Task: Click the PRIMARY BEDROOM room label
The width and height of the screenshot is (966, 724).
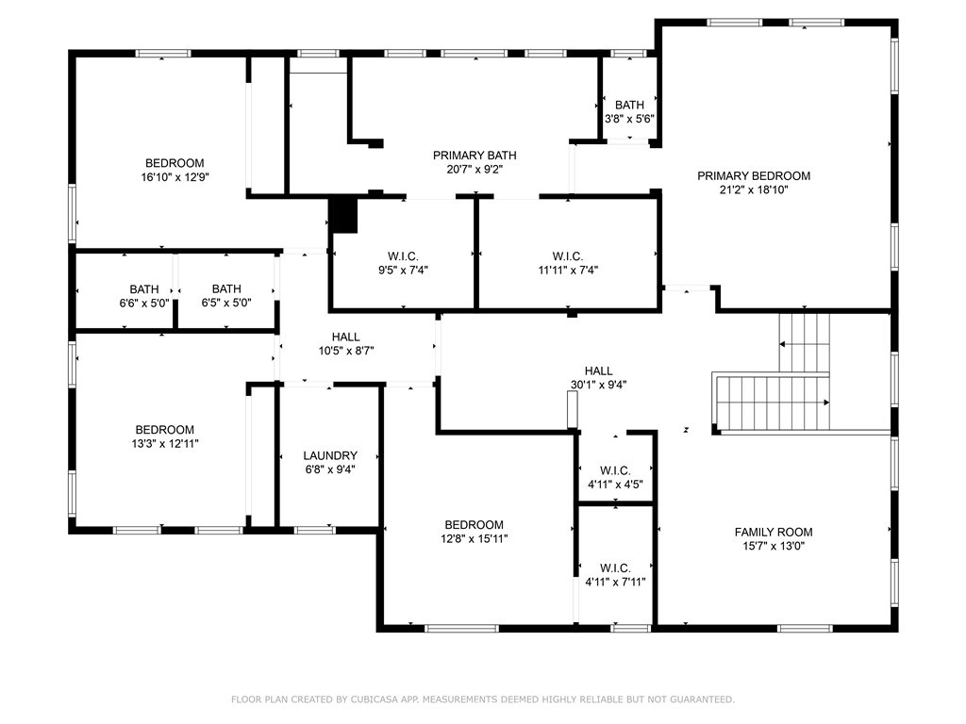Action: click(x=753, y=175)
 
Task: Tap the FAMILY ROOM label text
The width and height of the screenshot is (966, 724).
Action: click(x=773, y=532)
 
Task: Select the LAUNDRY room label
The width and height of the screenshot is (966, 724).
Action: click(x=329, y=455)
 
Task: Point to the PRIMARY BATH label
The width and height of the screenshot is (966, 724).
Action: click(x=475, y=156)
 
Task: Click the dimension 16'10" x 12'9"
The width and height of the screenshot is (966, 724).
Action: click(x=174, y=176)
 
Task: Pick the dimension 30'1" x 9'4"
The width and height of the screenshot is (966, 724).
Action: click(x=598, y=384)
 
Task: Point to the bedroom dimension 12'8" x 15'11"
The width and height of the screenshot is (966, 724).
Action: click(x=474, y=538)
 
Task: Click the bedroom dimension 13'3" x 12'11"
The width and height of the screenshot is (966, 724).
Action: click(x=164, y=443)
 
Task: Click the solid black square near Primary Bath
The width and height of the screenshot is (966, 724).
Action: click(x=343, y=215)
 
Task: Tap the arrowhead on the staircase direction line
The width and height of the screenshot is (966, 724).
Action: click(x=826, y=403)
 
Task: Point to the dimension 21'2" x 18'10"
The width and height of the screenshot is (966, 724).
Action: click(x=753, y=189)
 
